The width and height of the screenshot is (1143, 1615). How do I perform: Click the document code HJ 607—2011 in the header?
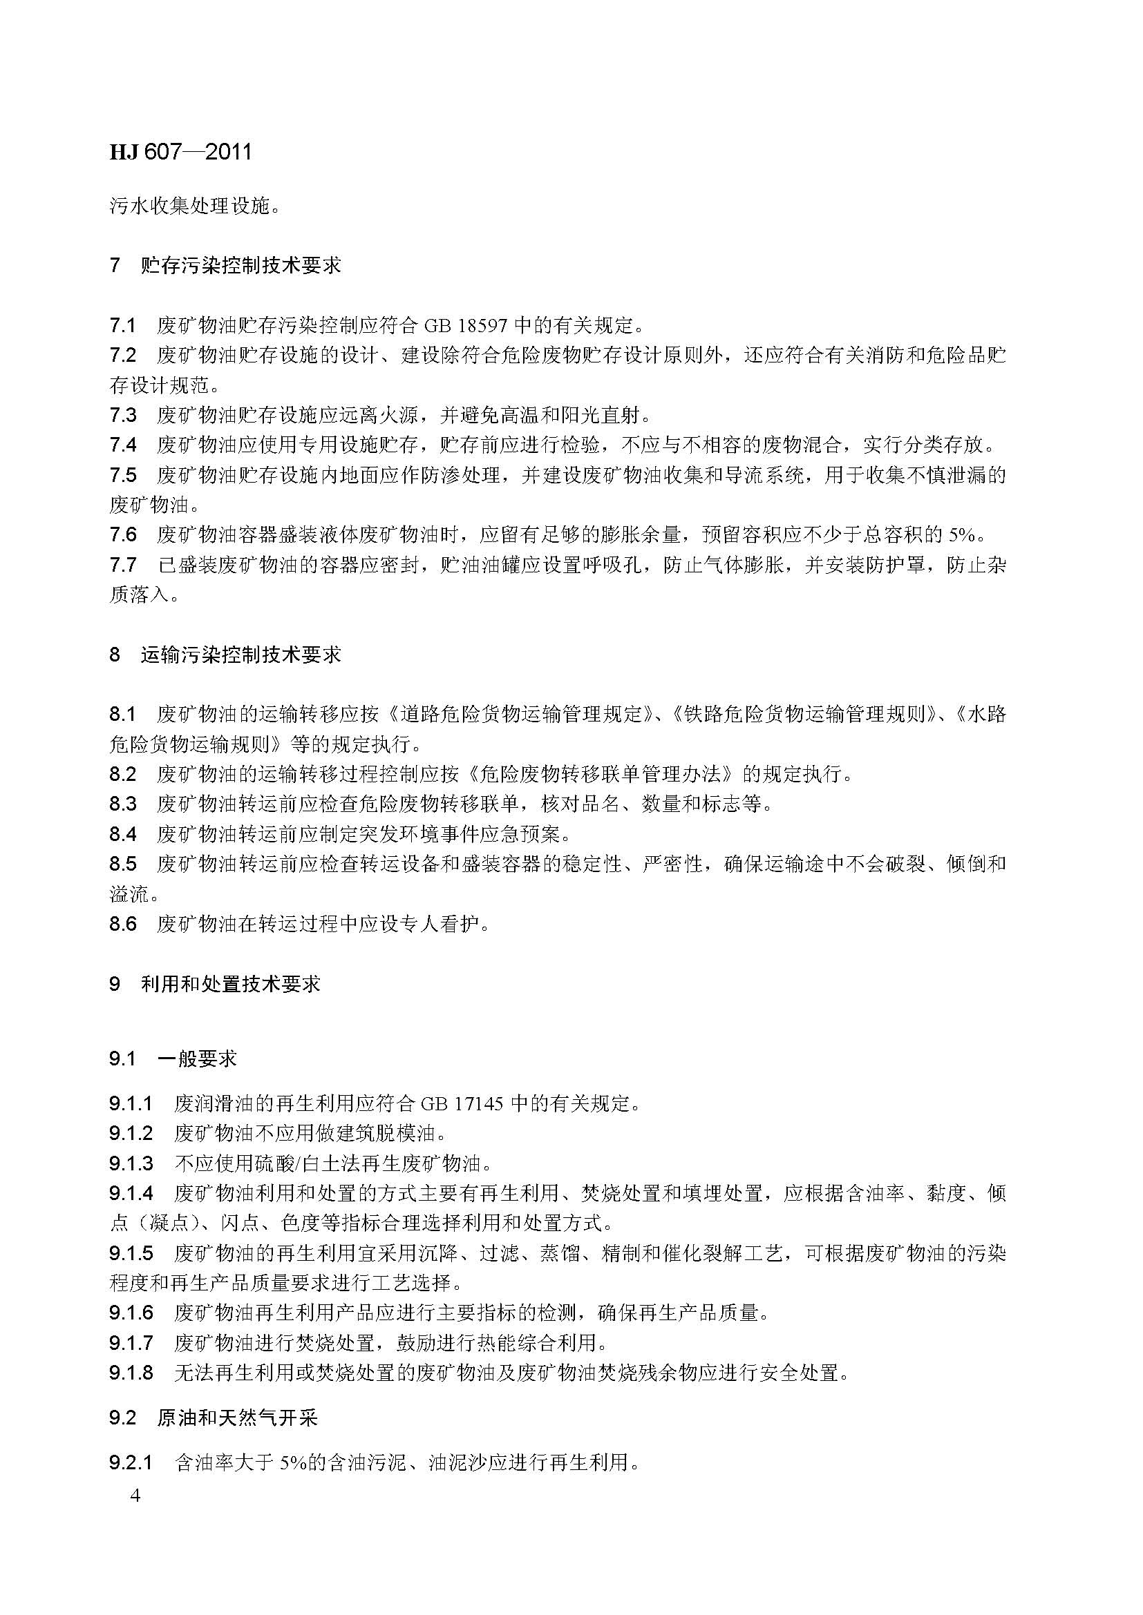tap(180, 153)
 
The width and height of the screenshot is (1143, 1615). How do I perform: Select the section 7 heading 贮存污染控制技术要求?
tap(240, 265)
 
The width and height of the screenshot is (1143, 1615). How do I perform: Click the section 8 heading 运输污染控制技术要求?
tap(240, 655)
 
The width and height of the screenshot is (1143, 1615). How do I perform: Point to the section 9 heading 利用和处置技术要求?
tap(230, 983)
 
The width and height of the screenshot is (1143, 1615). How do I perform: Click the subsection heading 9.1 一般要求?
tap(197, 1058)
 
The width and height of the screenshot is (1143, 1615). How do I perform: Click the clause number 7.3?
tap(123, 415)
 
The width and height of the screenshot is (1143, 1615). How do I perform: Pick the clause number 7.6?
tap(123, 534)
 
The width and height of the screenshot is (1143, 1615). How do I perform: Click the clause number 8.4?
tap(123, 834)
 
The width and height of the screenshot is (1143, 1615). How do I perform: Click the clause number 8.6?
tap(123, 924)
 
